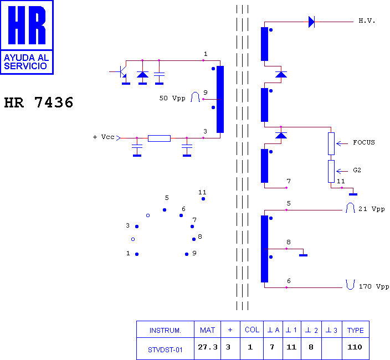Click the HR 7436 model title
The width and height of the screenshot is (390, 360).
(39, 102)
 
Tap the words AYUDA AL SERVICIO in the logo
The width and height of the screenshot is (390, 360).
(26, 62)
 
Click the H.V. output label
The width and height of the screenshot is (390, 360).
(367, 21)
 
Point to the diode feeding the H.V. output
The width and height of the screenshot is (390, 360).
(311, 22)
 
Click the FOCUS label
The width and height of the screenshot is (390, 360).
(363, 142)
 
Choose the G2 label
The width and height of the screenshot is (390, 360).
(357, 170)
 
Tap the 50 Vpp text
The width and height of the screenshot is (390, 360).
(172, 98)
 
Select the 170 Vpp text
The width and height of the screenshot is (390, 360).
(374, 286)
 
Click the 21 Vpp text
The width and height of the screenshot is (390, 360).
(371, 209)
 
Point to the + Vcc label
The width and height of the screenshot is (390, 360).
(104, 137)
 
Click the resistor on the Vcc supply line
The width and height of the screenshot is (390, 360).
(159, 138)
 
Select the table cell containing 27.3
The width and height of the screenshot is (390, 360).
(207, 348)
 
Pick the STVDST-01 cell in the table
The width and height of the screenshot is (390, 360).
(165, 348)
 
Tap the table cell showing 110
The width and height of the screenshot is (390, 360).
(356, 348)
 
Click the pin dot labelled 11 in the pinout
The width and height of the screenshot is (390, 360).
(203, 199)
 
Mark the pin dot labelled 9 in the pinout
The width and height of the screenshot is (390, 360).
(187, 254)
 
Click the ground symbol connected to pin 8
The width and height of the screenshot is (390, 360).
(303, 255)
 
